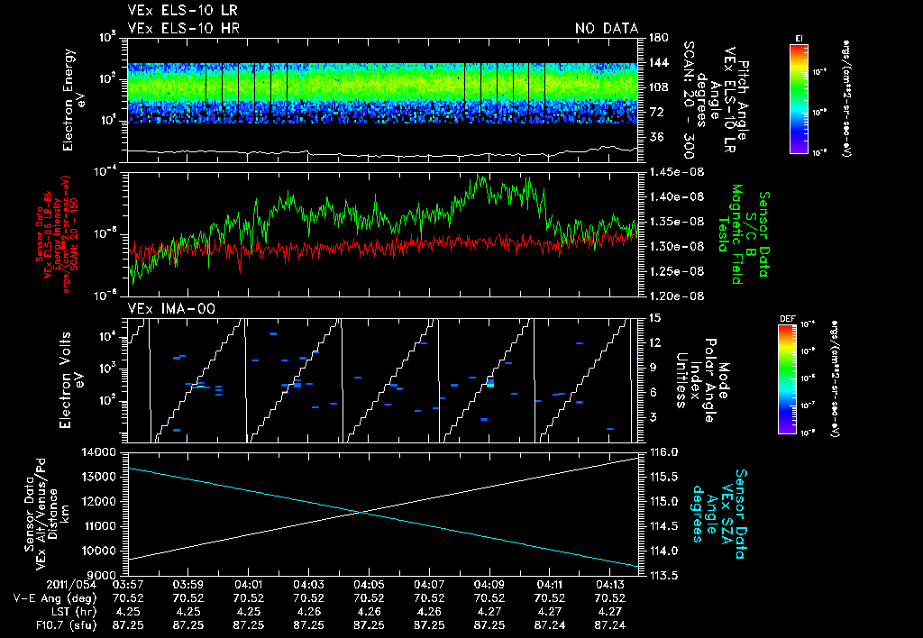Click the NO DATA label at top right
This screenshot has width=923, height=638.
point(606,29)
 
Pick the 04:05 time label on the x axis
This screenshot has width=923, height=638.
point(369,584)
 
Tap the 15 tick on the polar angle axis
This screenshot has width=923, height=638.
point(654,317)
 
